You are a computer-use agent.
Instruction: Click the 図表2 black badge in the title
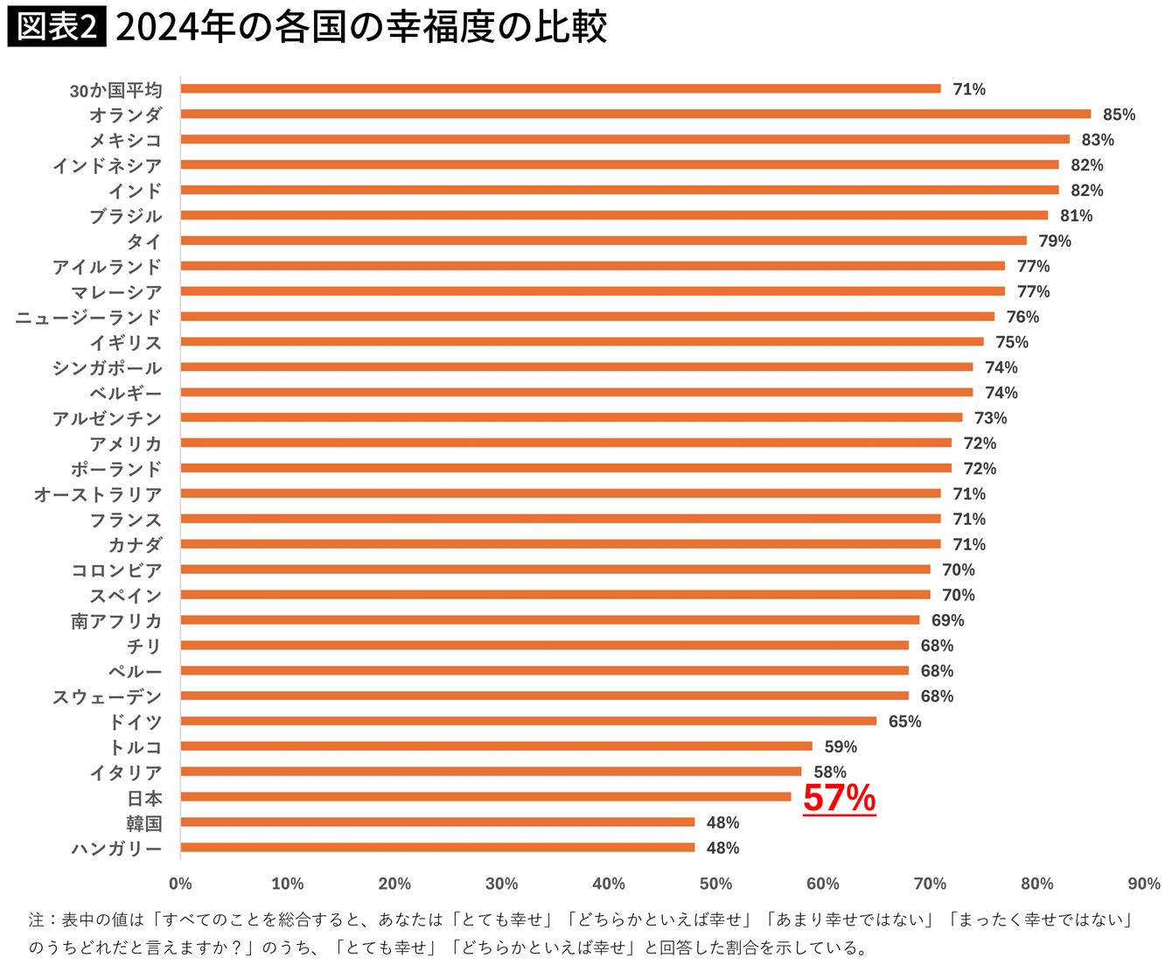point(56,28)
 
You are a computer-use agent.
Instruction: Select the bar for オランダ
point(636,114)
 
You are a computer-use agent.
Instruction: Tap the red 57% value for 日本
point(839,798)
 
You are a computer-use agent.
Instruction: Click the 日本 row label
point(144,798)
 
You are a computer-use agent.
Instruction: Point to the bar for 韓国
point(437,822)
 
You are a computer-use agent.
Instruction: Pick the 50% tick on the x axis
point(715,884)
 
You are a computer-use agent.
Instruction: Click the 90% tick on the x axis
point(1143,884)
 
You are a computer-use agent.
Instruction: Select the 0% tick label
point(180,884)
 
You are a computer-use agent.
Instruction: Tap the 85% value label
point(1119,115)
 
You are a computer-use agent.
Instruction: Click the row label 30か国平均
point(115,90)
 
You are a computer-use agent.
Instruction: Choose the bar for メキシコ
point(624,139)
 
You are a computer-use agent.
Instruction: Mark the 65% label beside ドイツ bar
point(904,722)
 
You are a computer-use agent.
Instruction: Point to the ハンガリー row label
point(116,849)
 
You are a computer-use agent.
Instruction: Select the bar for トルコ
point(496,746)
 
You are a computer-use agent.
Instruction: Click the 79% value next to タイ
point(1054,241)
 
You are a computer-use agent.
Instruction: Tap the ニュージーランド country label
point(88,318)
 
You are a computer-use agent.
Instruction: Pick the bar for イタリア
point(491,772)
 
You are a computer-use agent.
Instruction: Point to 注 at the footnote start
point(36,920)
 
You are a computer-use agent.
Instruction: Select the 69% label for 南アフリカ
point(947,620)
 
